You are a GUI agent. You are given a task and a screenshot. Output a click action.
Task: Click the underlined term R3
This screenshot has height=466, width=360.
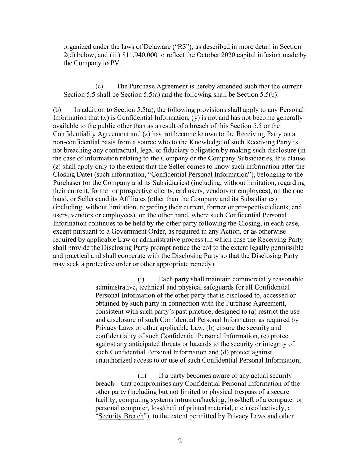coord(182,47)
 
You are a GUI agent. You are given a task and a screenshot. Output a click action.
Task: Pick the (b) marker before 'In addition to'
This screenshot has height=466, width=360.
coord(57,110)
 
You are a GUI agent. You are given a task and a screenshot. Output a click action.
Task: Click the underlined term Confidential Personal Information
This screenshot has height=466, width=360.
coord(200,174)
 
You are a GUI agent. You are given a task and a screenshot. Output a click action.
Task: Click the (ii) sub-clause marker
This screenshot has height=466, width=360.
coord(142,376)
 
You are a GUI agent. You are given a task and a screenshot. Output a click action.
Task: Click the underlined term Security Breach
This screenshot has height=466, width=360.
coord(121,416)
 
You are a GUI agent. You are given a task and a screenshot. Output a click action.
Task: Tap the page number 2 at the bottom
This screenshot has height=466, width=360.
coord(180,441)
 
